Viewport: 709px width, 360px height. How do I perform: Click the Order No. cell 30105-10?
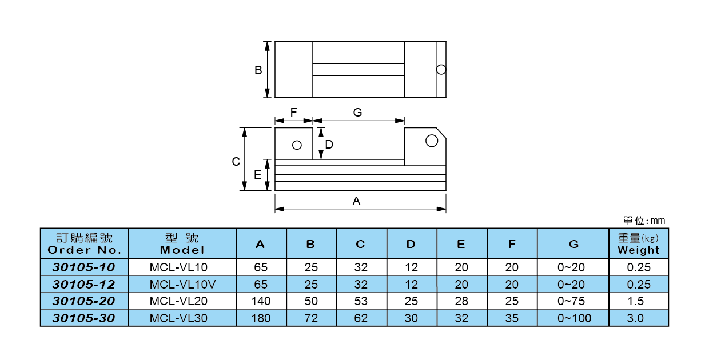(x=84, y=267)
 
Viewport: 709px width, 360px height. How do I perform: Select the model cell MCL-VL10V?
(x=182, y=284)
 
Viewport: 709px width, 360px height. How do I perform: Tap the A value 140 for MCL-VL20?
(x=261, y=301)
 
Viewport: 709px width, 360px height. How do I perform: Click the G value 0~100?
(x=573, y=318)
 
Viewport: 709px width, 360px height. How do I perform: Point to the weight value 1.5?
(x=638, y=301)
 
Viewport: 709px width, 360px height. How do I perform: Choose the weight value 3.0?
(x=638, y=318)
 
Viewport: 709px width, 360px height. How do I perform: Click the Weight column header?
(x=638, y=244)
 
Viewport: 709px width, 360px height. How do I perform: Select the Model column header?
(x=182, y=244)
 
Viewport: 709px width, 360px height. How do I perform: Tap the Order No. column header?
(x=84, y=244)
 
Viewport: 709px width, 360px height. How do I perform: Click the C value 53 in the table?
(x=361, y=301)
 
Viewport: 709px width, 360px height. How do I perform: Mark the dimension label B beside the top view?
(x=258, y=70)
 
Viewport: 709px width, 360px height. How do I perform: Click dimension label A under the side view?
(x=356, y=201)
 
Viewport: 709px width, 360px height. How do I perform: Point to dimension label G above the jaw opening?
(x=357, y=113)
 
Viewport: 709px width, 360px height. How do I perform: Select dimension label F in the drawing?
(x=293, y=113)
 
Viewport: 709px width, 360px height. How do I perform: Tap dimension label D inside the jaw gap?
(x=329, y=145)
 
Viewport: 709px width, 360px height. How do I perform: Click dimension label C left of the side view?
(x=236, y=162)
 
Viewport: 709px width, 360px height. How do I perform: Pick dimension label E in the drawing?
(x=258, y=175)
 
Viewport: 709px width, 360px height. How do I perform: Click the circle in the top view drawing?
(x=440, y=70)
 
